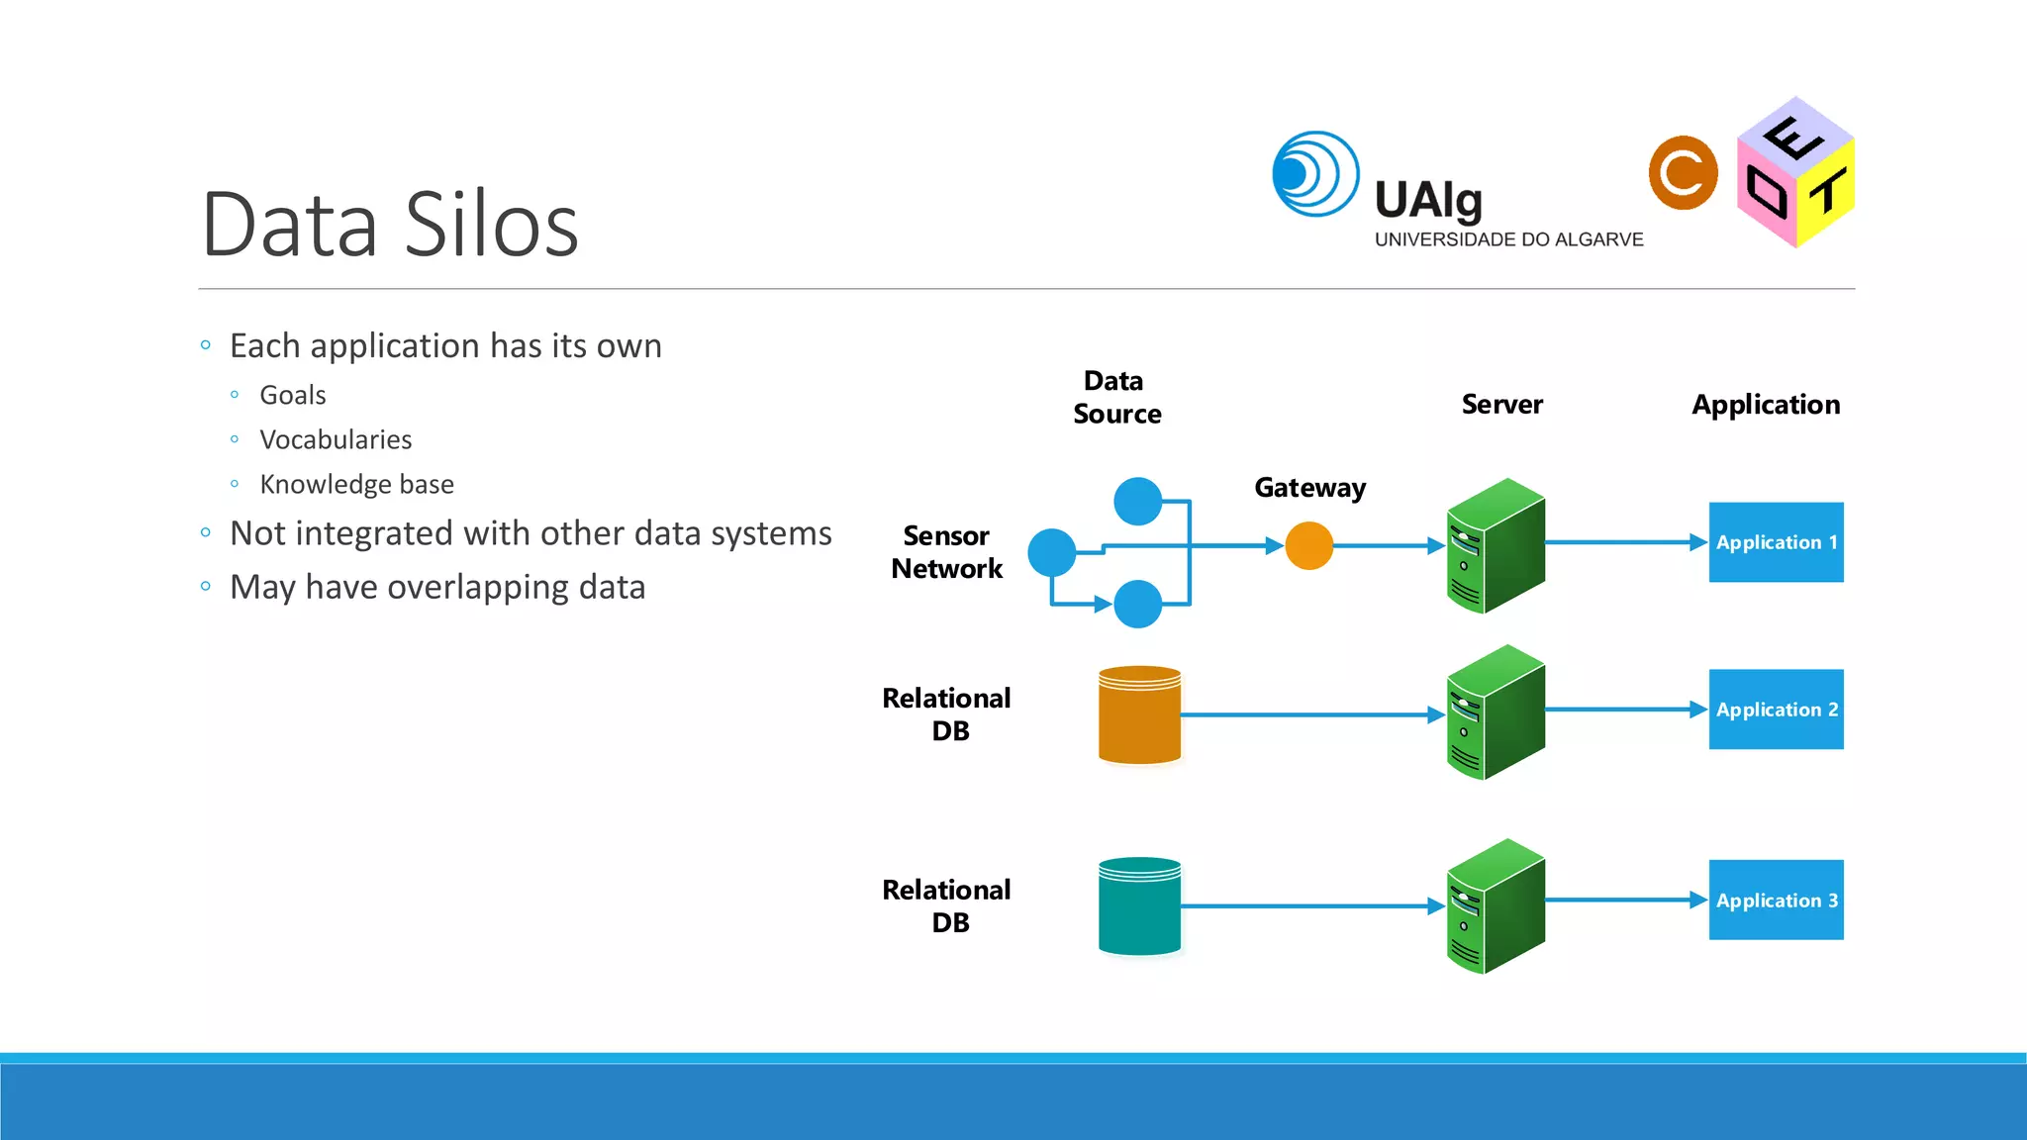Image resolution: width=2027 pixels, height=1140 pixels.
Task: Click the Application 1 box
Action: click(1776, 542)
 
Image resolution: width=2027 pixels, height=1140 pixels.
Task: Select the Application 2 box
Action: click(1776, 710)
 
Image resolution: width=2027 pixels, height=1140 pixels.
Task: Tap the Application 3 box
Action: click(1776, 900)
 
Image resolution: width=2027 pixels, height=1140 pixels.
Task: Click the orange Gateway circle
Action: click(1308, 545)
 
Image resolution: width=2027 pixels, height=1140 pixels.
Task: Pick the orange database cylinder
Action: click(1139, 715)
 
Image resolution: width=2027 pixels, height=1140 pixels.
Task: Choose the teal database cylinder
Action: click(1139, 906)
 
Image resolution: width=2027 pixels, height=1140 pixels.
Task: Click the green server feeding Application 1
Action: click(1495, 546)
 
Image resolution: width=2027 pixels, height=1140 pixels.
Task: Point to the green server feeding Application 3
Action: click(1495, 906)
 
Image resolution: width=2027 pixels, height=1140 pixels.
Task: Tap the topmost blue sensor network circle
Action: click(1137, 501)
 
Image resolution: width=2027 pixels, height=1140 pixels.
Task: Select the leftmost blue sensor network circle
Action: click(1051, 552)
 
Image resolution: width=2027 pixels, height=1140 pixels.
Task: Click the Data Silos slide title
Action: click(390, 225)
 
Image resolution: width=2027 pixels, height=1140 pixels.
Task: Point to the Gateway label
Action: click(1309, 488)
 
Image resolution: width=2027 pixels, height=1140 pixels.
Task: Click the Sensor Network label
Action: click(946, 552)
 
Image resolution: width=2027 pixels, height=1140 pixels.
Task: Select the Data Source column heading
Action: click(1116, 397)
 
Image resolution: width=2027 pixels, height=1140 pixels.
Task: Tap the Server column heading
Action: click(1501, 405)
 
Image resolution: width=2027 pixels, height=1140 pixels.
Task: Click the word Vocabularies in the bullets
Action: click(336, 439)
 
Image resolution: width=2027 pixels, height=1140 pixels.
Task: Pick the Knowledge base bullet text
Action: click(356, 484)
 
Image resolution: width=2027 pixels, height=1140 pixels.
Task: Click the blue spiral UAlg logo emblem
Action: click(1314, 174)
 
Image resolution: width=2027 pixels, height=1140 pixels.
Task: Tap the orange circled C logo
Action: click(1683, 173)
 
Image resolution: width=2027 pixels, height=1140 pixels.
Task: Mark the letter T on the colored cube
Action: click(1827, 190)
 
